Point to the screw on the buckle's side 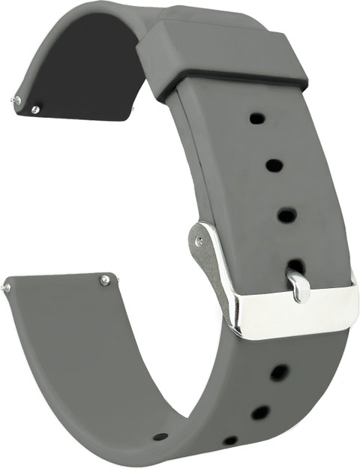(199, 241)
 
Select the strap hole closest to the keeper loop (256, 118)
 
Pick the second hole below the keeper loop (274, 165)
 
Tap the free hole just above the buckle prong (286, 215)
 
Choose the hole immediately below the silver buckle (279, 372)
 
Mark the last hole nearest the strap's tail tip (160, 437)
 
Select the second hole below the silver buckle (260, 412)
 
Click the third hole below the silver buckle (230, 440)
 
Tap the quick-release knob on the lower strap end (105, 280)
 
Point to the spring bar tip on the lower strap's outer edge (6, 287)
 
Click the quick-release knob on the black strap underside (35, 110)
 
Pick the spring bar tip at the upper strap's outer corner (14, 98)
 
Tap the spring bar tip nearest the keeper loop (133, 110)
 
